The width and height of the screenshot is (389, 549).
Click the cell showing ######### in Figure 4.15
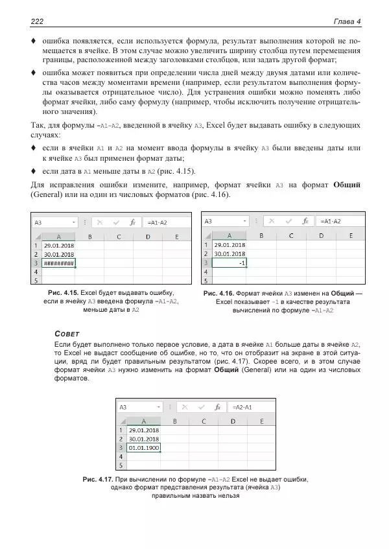(58, 263)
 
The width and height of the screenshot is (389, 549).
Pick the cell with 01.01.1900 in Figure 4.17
(144, 448)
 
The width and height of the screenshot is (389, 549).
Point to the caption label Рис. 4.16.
(218, 294)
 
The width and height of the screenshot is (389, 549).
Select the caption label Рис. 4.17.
(98, 479)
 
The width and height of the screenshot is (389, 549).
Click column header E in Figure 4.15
(177, 237)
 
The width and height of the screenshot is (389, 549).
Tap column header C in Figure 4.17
(204, 421)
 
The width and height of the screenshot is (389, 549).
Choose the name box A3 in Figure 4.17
(123, 408)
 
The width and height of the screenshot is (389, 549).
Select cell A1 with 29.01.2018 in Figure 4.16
(230, 245)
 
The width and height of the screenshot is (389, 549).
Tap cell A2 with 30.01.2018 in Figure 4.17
(144, 439)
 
